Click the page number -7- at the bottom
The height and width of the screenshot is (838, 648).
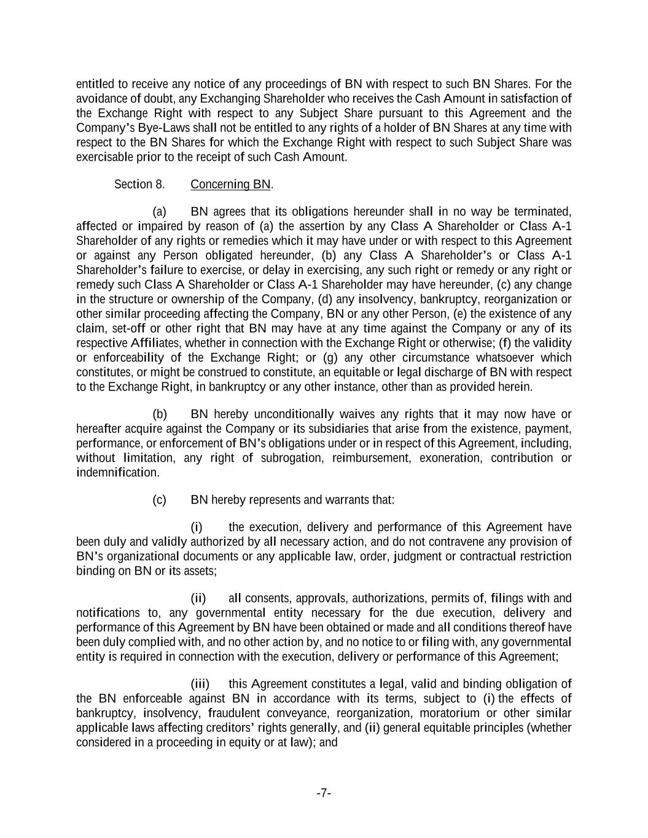[324, 793]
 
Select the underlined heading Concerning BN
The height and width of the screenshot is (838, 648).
[230, 184]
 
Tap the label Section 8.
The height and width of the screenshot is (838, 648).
[139, 184]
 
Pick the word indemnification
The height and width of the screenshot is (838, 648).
[117, 473]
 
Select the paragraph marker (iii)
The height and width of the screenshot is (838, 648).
[200, 684]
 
